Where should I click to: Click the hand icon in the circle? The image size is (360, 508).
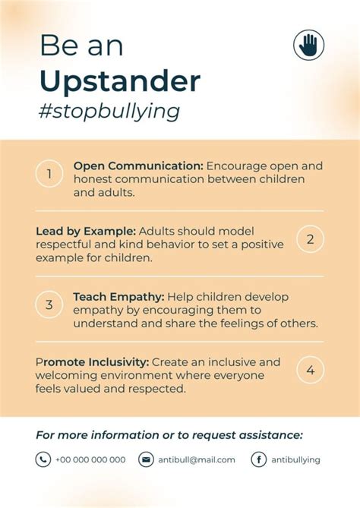pyautogui.click(x=309, y=45)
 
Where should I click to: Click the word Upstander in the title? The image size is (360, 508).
pyautogui.click(x=120, y=80)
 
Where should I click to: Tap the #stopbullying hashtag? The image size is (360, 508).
pyautogui.click(x=109, y=112)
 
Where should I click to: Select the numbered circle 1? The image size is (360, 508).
pyautogui.click(x=49, y=174)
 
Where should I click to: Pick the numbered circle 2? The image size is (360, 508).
pyautogui.click(x=310, y=239)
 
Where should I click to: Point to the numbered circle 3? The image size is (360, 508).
pyautogui.click(x=49, y=304)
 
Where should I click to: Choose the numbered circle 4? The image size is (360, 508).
pyautogui.click(x=310, y=370)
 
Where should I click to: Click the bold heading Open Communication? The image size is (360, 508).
pyautogui.click(x=138, y=166)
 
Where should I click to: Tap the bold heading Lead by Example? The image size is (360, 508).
pyautogui.click(x=86, y=232)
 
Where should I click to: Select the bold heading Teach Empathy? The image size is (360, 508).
pyautogui.click(x=118, y=297)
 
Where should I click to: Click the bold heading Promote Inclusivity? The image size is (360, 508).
pyautogui.click(x=93, y=362)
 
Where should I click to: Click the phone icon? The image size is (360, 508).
pyautogui.click(x=43, y=459)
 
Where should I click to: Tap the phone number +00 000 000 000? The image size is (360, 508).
pyautogui.click(x=90, y=459)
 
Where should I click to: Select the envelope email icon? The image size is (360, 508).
pyautogui.click(x=146, y=459)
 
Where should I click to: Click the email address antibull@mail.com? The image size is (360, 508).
pyautogui.click(x=197, y=459)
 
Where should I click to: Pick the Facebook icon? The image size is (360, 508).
pyautogui.click(x=259, y=459)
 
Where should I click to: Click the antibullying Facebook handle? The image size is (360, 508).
pyautogui.click(x=296, y=460)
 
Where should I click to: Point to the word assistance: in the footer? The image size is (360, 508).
pyautogui.click(x=270, y=435)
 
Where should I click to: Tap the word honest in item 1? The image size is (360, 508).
pyautogui.click(x=93, y=179)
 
